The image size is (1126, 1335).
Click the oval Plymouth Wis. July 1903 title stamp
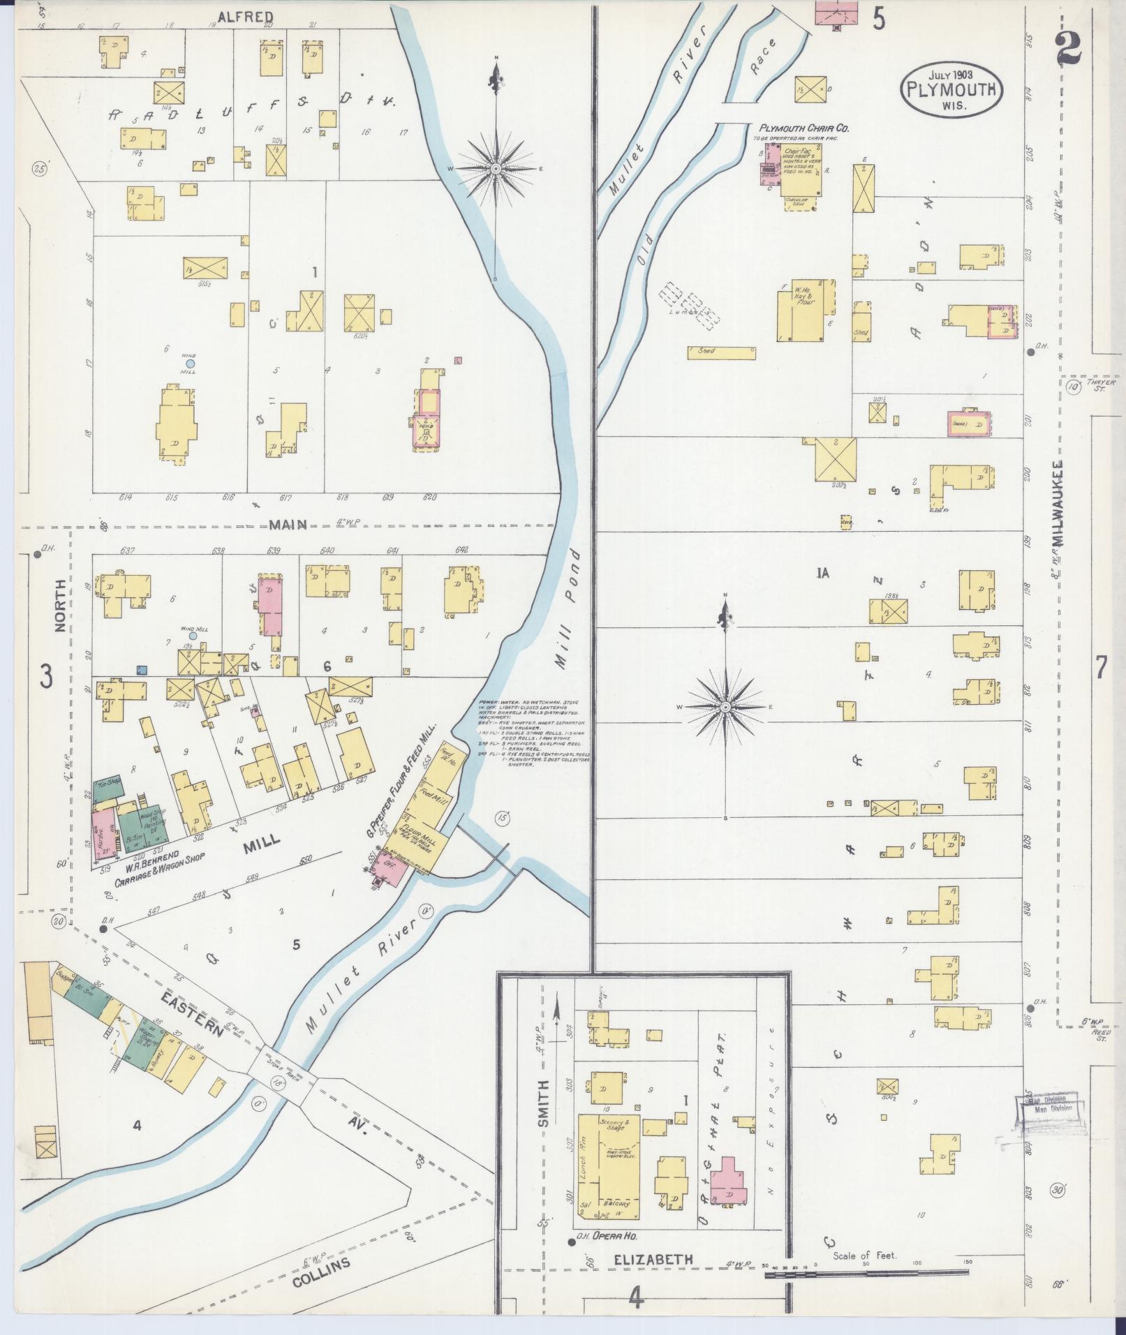point(951,89)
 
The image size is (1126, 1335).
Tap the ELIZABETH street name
point(654,1260)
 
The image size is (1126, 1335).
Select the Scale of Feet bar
point(866,1274)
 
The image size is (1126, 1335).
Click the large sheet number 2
point(1069,49)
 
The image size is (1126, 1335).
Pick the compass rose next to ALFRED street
point(496,168)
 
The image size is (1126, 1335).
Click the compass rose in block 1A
point(725,707)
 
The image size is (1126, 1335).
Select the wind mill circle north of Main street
point(189,363)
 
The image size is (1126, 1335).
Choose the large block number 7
point(1100,669)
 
